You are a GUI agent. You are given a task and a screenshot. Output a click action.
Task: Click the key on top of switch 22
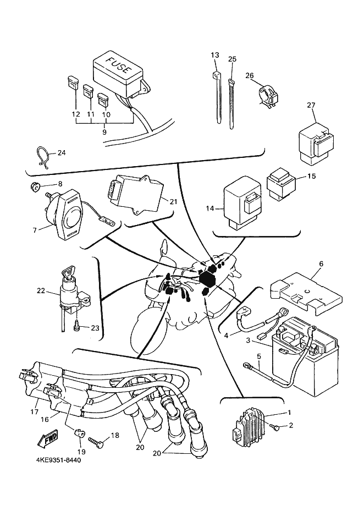tap(68, 271)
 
